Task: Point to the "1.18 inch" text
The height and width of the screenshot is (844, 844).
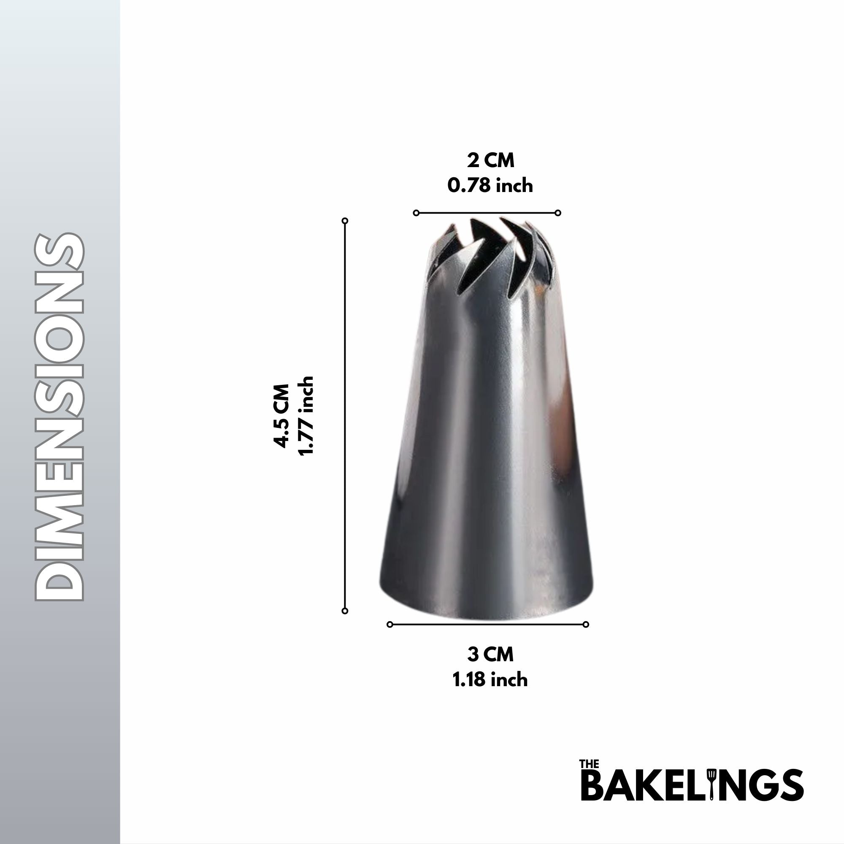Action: point(490,680)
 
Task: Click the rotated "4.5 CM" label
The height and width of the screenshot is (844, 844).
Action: point(281,415)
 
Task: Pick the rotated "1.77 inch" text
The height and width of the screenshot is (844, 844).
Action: point(306,415)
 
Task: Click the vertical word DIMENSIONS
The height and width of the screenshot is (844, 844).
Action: point(60,417)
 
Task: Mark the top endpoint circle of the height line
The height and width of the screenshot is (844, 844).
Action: point(345,221)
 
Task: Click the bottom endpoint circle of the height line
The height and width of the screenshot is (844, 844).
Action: point(345,611)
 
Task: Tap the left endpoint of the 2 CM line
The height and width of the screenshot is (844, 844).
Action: point(416,213)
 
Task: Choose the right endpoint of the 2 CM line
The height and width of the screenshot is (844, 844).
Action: point(558,213)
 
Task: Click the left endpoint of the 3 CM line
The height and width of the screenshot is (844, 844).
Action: point(390,624)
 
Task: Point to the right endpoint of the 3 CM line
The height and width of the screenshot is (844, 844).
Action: point(586,624)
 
